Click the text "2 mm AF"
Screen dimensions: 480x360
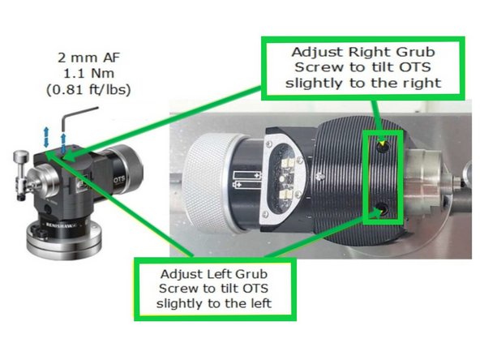click(88, 58)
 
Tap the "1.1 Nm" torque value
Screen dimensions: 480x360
click(88, 74)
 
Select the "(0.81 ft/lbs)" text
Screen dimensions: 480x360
click(88, 90)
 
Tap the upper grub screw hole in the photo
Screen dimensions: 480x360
click(383, 147)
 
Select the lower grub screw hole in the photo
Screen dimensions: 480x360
click(383, 208)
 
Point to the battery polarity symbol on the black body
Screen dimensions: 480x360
click(246, 180)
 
